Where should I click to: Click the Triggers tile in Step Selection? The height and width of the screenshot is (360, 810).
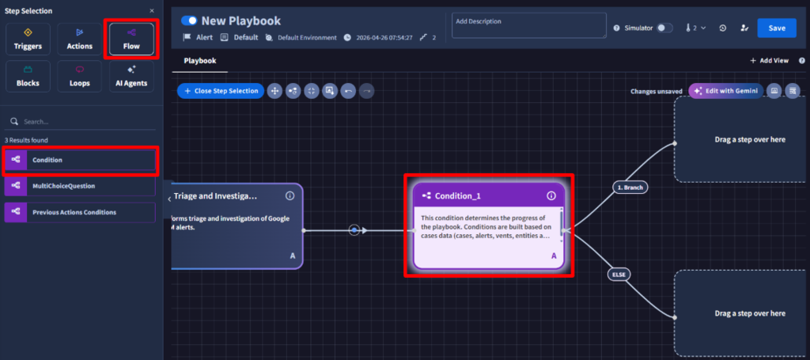tap(28, 40)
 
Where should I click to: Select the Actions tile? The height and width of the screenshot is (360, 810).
tap(80, 40)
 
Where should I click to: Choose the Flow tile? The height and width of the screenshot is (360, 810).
tap(131, 40)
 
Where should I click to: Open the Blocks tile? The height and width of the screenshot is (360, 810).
tap(28, 77)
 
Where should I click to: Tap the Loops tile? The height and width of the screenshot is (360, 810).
tap(80, 77)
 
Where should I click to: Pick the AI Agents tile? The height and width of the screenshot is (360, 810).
tap(131, 77)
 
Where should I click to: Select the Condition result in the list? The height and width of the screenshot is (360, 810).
tap(80, 160)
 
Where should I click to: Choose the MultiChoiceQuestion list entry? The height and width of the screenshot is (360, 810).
tap(80, 186)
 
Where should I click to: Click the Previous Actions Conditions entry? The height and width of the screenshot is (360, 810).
tap(80, 212)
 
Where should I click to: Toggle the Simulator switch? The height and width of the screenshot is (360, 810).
tap(664, 28)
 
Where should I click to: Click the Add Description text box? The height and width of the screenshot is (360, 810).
tap(529, 25)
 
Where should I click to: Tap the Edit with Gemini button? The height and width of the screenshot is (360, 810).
tap(726, 91)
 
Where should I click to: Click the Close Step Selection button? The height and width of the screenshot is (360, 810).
tap(221, 91)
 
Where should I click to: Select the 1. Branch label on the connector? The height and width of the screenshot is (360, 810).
tap(630, 188)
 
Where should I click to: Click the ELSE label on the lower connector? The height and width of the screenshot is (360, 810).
tap(619, 275)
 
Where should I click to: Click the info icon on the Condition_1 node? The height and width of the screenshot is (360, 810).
tap(551, 195)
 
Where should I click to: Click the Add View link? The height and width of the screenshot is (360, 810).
tap(769, 60)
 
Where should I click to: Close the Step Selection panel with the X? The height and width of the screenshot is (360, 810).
tap(151, 11)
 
